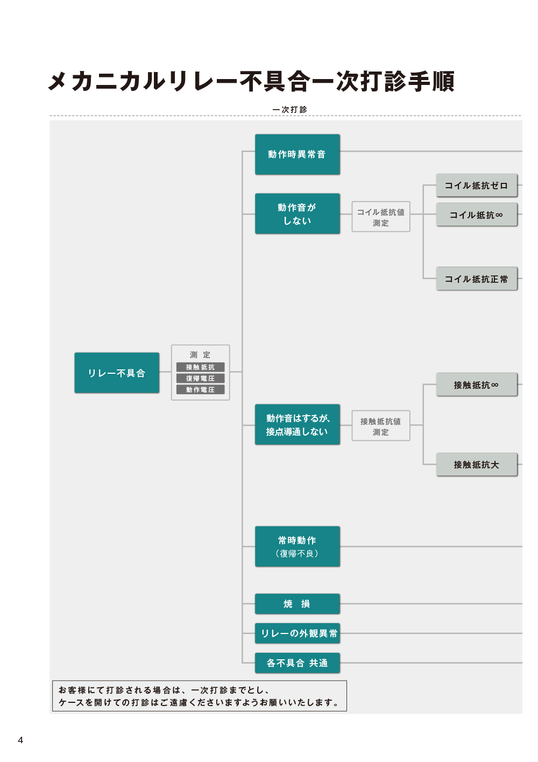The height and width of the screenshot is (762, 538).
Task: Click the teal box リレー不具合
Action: (117, 373)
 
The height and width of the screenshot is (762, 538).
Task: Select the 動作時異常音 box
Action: (298, 154)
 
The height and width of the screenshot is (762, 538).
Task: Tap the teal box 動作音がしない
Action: (298, 213)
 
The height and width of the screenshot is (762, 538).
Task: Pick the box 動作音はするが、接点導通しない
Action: (298, 424)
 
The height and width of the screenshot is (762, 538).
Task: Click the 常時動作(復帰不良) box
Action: (298, 546)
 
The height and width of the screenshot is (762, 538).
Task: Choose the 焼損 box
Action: (298, 604)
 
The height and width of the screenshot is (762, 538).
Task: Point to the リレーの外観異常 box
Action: (298, 633)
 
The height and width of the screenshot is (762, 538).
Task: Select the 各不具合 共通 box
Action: (298, 663)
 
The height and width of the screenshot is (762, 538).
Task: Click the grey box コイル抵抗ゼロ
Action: (477, 186)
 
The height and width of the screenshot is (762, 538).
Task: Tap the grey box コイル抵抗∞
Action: (477, 215)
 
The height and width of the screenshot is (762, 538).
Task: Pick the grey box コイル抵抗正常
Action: (477, 279)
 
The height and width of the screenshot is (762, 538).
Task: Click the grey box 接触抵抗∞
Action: (477, 384)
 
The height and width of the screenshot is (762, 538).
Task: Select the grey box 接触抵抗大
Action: (477, 464)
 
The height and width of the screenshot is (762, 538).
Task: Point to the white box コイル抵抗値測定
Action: (381, 217)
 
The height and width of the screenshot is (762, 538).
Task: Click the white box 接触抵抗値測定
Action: (381, 425)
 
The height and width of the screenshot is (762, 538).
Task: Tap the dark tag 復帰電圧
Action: (201, 378)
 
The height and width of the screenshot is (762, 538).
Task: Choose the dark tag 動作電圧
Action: (201, 389)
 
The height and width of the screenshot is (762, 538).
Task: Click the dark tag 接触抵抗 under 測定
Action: (201, 367)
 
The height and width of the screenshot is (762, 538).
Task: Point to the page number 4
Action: (20, 740)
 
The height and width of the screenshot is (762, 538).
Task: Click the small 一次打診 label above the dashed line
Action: (290, 110)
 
